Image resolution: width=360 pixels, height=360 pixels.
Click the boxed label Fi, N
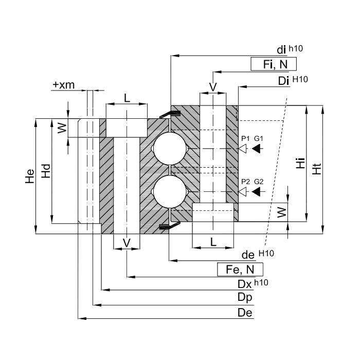click(274, 64)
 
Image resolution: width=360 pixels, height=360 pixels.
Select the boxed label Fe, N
click(240, 269)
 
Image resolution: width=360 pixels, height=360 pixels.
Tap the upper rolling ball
click(170, 149)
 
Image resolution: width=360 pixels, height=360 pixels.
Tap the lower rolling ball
click(170, 192)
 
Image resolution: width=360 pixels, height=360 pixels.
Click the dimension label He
click(30, 176)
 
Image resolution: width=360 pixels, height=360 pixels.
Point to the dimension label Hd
click(46, 171)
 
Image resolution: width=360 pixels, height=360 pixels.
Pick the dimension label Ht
click(317, 169)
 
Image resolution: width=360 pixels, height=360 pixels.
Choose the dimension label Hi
click(300, 163)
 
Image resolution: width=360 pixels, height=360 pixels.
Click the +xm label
click(64, 85)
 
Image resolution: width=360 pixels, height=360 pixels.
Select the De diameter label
click(245, 313)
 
